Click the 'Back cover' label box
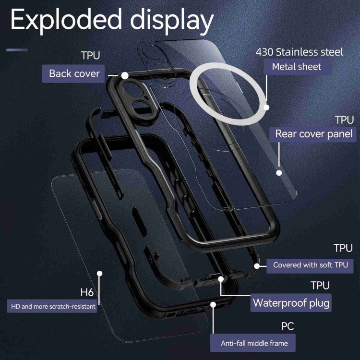coord(74,73)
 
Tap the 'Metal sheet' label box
coord(297,66)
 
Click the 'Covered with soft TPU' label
coord(310,265)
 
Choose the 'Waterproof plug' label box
coord(291,303)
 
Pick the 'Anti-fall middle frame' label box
coord(254,343)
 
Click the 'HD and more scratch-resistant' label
coord(51,306)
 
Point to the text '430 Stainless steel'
coord(300,51)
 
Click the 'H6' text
coord(86,292)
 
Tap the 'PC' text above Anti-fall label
coord(287,327)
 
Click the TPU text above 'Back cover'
coord(90,55)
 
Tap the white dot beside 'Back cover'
coord(125,75)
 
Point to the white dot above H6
coord(100,273)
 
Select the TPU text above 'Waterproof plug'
coord(320,286)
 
